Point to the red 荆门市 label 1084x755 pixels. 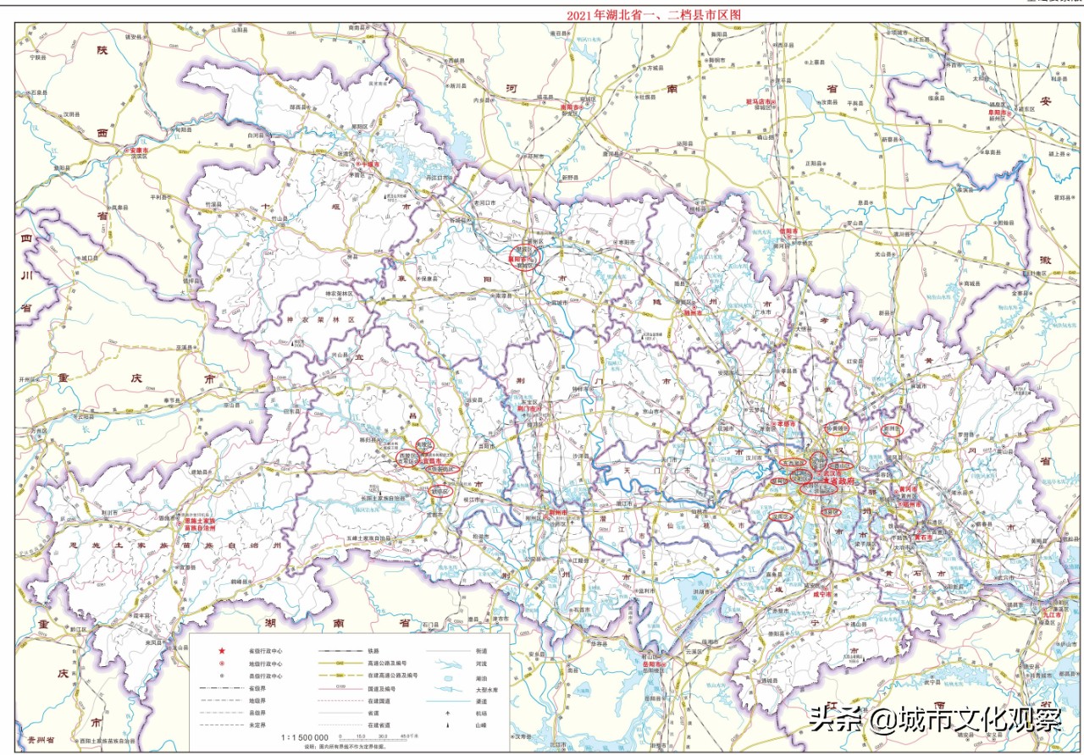528,408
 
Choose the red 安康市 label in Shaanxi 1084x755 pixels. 138,150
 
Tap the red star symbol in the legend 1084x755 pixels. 222,650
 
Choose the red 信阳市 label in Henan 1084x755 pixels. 786,230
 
